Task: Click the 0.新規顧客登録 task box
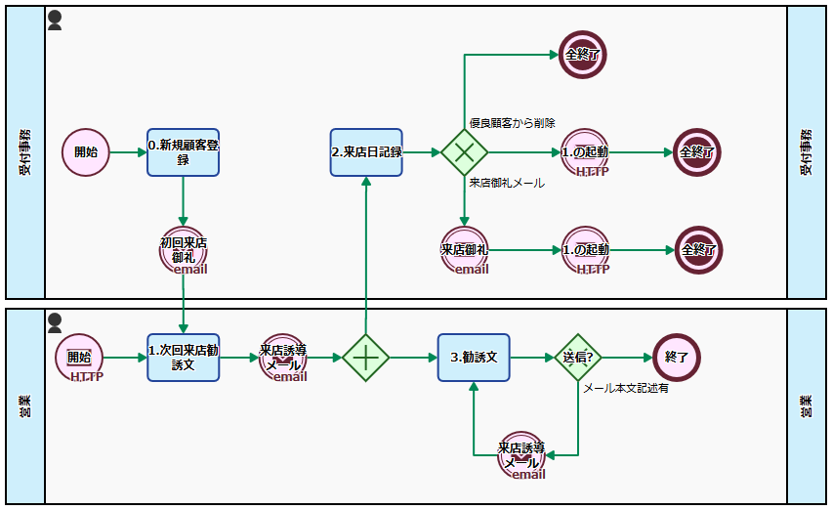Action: click(184, 152)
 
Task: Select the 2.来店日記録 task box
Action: click(366, 152)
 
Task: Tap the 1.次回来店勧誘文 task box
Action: click(184, 358)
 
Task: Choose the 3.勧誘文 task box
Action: click(474, 358)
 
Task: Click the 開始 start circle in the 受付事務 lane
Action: click(86, 152)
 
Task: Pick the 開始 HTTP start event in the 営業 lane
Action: click(80, 358)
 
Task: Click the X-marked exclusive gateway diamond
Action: click(464, 152)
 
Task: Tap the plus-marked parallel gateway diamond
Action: click(365, 358)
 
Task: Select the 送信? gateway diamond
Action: click(578, 358)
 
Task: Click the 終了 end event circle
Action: click(677, 358)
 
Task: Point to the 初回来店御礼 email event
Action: click(183, 249)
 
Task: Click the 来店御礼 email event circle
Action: click(464, 249)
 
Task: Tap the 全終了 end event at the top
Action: click(583, 55)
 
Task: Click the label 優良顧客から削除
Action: click(512, 123)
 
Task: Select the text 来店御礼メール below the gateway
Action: click(507, 183)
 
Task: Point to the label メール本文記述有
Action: click(626, 388)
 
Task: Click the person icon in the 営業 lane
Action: click(55, 321)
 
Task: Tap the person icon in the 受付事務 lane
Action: click(55, 21)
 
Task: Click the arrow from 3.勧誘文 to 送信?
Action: click(531, 358)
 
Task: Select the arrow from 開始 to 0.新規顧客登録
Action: click(128, 152)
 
